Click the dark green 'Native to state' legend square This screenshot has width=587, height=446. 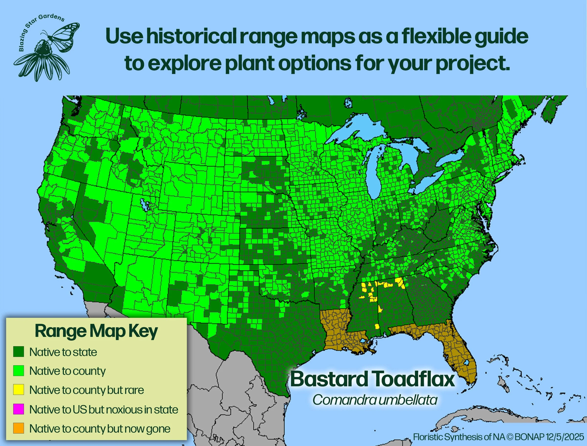coord(19,352)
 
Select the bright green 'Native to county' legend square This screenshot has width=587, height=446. coord(19,371)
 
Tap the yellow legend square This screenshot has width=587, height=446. coord(19,390)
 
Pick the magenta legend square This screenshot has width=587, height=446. coord(19,409)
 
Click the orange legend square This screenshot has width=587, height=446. coord(19,428)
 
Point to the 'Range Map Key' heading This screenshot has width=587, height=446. coord(96,331)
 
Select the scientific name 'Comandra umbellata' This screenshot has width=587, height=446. coord(375,400)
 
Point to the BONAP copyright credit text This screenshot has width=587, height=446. coord(498,437)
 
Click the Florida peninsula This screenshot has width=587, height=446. coord(462,356)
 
